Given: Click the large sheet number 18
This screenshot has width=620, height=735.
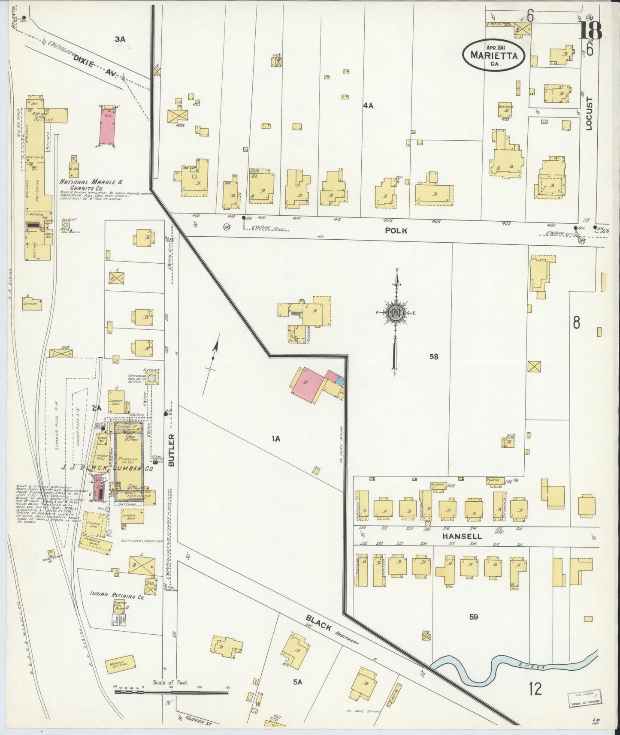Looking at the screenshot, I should (591, 31).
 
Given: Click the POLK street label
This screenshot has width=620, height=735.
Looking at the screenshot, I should (396, 231).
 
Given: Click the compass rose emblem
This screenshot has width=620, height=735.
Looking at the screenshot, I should (395, 313).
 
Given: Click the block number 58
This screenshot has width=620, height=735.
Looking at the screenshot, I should (434, 356).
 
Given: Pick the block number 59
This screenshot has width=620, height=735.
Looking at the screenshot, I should (473, 617).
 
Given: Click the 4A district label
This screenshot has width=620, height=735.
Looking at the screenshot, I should (368, 105).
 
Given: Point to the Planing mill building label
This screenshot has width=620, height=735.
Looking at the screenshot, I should (127, 459).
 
